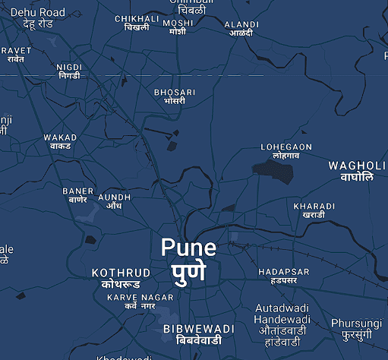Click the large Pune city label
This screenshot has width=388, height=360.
click(188, 259)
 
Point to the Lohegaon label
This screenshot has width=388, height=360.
click(286, 150)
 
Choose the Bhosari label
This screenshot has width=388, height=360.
click(175, 96)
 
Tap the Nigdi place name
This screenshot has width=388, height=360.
click(68, 71)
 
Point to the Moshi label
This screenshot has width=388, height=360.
click(178, 27)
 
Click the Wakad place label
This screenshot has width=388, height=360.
click(60, 141)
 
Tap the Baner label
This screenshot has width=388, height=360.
click(78, 195)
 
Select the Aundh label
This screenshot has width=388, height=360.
click(115, 201)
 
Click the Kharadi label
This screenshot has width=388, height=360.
click(314, 210)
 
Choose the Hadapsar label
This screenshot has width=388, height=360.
click(283, 276)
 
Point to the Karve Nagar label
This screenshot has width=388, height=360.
click(140, 301)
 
